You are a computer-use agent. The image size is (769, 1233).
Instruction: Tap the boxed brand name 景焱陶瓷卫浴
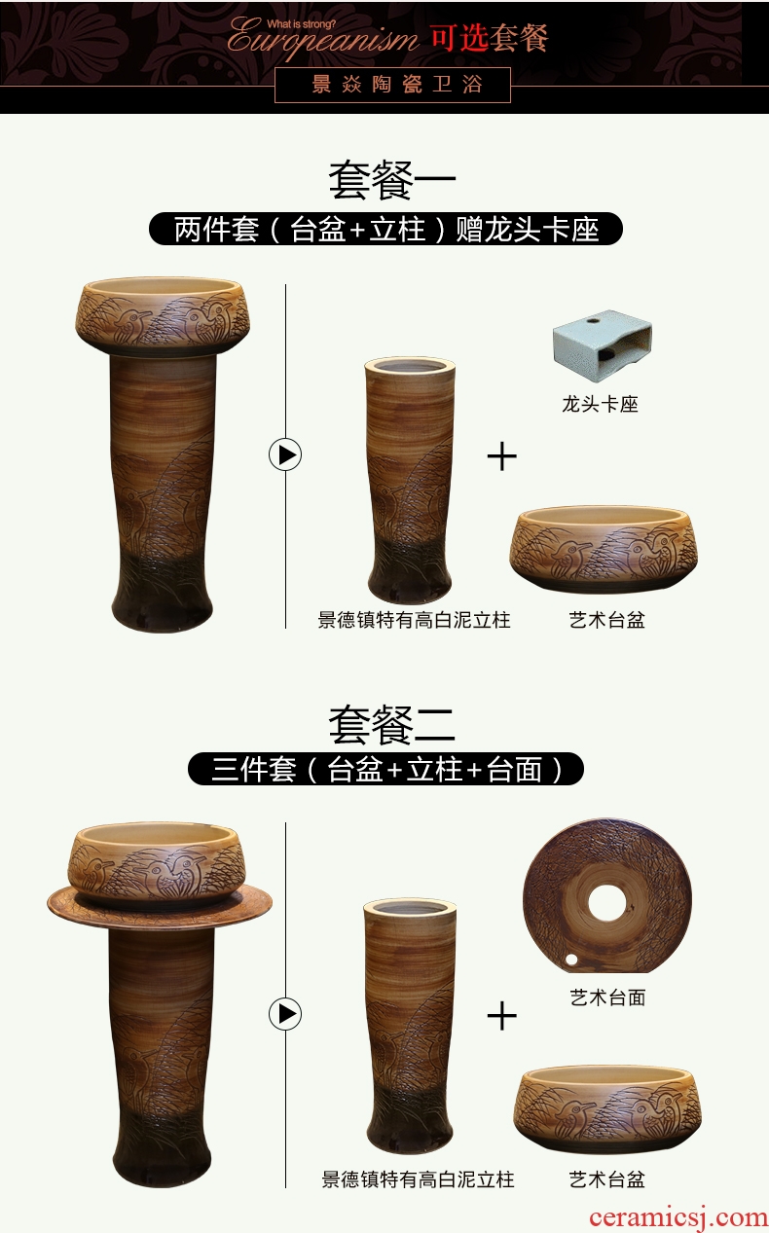(392, 85)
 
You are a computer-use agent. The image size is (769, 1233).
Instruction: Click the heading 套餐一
(392, 181)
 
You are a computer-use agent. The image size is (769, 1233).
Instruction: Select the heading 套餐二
(392, 725)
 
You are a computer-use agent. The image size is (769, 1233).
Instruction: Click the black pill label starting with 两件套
(385, 229)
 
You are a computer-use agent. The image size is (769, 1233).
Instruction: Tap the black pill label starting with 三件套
(385, 769)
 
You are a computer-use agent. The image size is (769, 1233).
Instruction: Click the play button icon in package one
(285, 455)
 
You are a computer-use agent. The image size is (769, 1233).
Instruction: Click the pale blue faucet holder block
(603, 338)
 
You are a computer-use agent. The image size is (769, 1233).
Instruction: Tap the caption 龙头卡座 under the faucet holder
(600, 405)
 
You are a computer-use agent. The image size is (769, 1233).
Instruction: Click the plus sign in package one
(502, 456)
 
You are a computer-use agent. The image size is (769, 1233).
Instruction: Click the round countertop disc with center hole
(607, 895)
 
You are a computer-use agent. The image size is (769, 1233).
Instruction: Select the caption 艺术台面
(607, 997)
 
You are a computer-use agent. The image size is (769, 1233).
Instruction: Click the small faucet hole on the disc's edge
(571, 960)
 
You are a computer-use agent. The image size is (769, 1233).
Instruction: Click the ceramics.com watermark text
(678, 1217)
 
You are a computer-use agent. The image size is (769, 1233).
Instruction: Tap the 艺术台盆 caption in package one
(606, 620)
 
